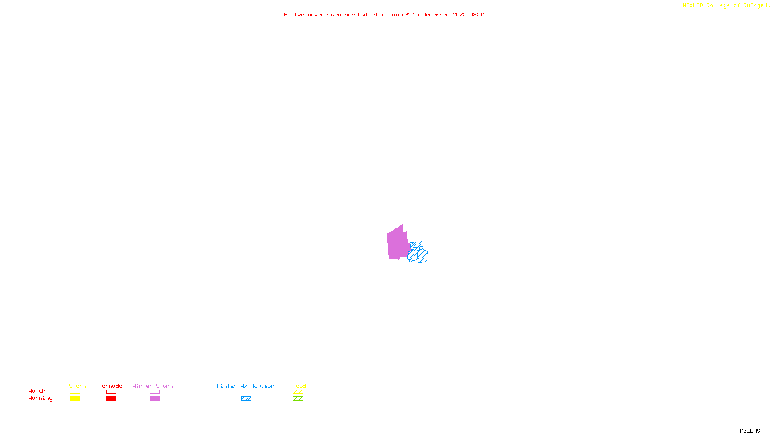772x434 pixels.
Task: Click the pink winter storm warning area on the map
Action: (x=398, y=244)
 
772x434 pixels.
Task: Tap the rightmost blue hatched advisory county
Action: (x=423, y=256)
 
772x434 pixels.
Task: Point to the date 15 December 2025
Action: (x=439, y=15)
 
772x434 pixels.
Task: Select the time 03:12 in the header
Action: (x=478, y=15)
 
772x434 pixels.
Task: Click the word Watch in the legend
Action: (x=37, y=391)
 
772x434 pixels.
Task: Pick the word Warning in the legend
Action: (x=40, y=398)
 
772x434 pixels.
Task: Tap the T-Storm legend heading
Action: (x=74, y=386)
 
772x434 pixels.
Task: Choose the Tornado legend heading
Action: (x=110, y=386)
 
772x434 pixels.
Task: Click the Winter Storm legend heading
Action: (x=152, y=386)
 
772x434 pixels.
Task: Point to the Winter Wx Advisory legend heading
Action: (x=247, y=386)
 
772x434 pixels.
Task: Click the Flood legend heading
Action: (x=298, y=386)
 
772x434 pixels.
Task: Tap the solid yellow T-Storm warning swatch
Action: (x=75, y=399)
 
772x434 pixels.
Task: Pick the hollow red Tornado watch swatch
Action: (x=111, y=392)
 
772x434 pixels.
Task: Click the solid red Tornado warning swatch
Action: (x=111, y=399)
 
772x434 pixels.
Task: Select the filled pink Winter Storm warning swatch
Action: (x=154, y=399)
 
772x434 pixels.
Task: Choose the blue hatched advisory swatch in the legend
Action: (x=246, y=399)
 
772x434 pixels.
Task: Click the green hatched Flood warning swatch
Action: (x=298, y=399)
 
